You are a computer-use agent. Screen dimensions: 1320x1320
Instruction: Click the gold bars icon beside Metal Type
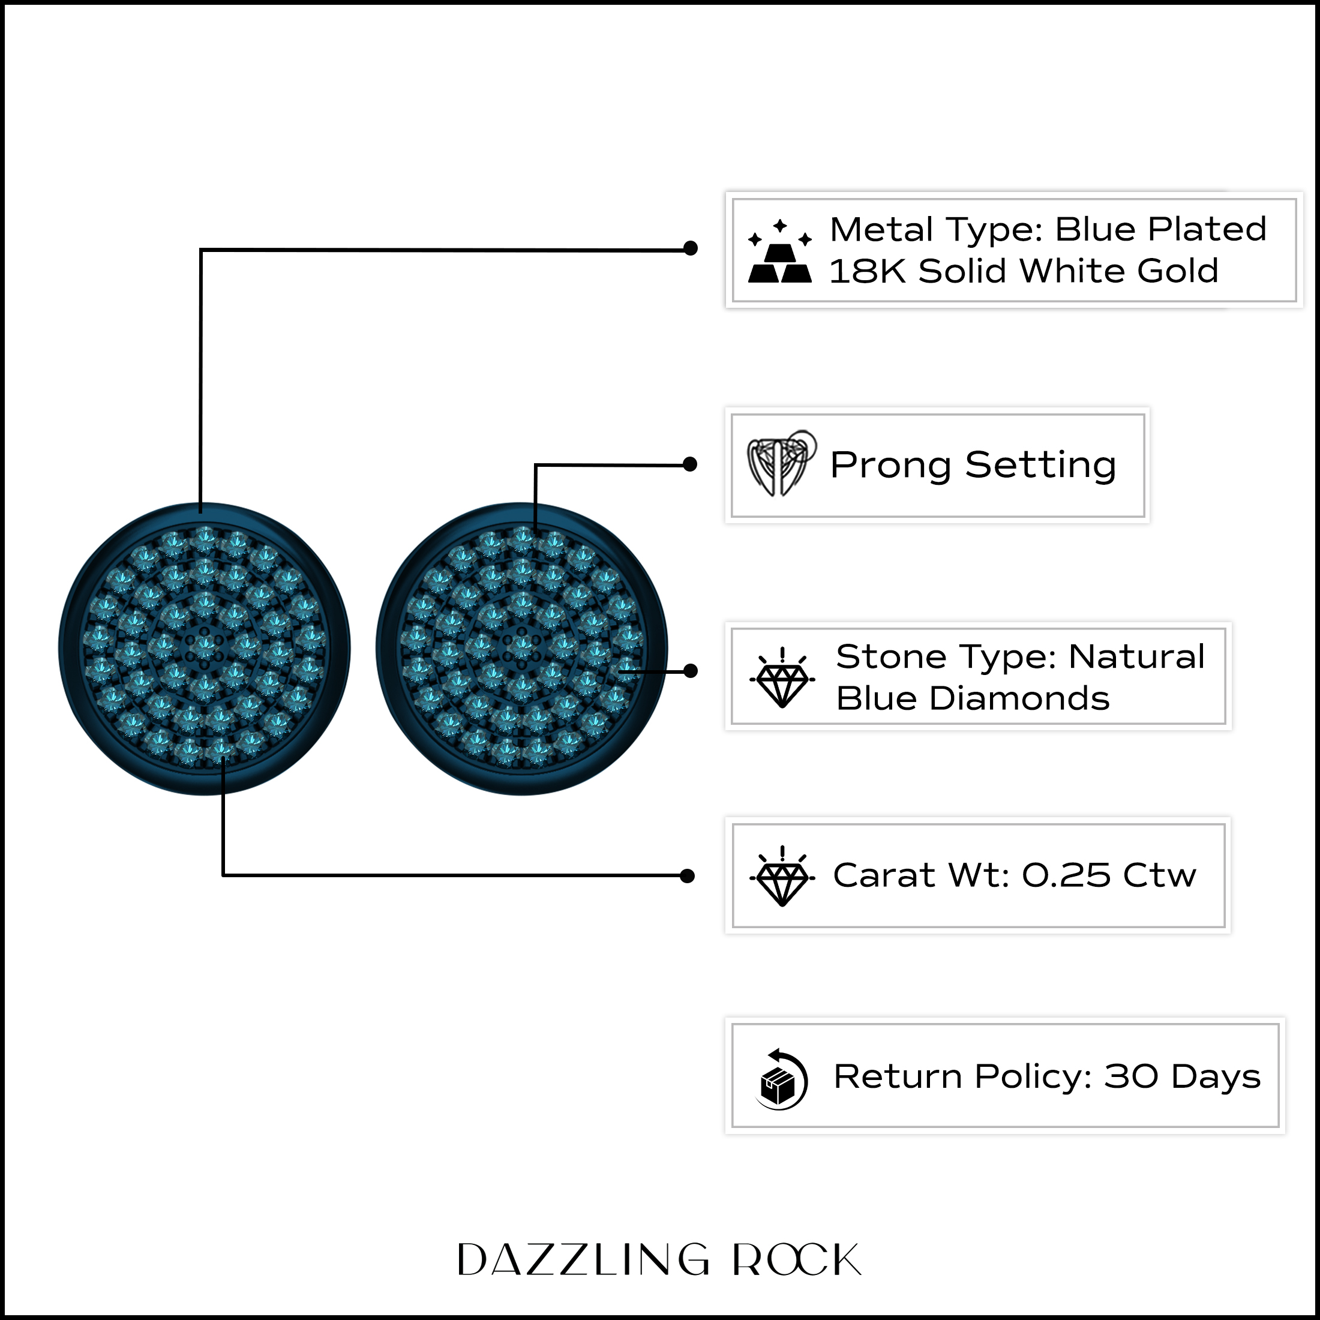[779, 251]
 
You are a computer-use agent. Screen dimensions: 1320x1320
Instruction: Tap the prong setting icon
[782, 463]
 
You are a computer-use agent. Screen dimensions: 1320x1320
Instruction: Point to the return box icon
[782, 1079]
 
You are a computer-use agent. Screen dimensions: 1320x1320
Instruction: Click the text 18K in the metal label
[867, 271]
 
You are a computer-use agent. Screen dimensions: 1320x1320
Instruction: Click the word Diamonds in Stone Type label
[1019, 698]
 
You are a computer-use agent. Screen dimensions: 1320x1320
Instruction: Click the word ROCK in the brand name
[797, 1259]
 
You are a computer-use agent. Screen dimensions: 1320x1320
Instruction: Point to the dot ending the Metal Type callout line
[690, 248]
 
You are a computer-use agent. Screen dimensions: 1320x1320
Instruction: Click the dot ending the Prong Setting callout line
[690, 464]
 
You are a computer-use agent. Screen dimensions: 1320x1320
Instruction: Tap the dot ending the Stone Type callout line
[690, 671]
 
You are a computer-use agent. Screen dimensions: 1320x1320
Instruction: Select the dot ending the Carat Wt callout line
[688, 876]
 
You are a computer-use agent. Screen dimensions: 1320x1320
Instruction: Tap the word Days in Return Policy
[1216, 1078]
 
